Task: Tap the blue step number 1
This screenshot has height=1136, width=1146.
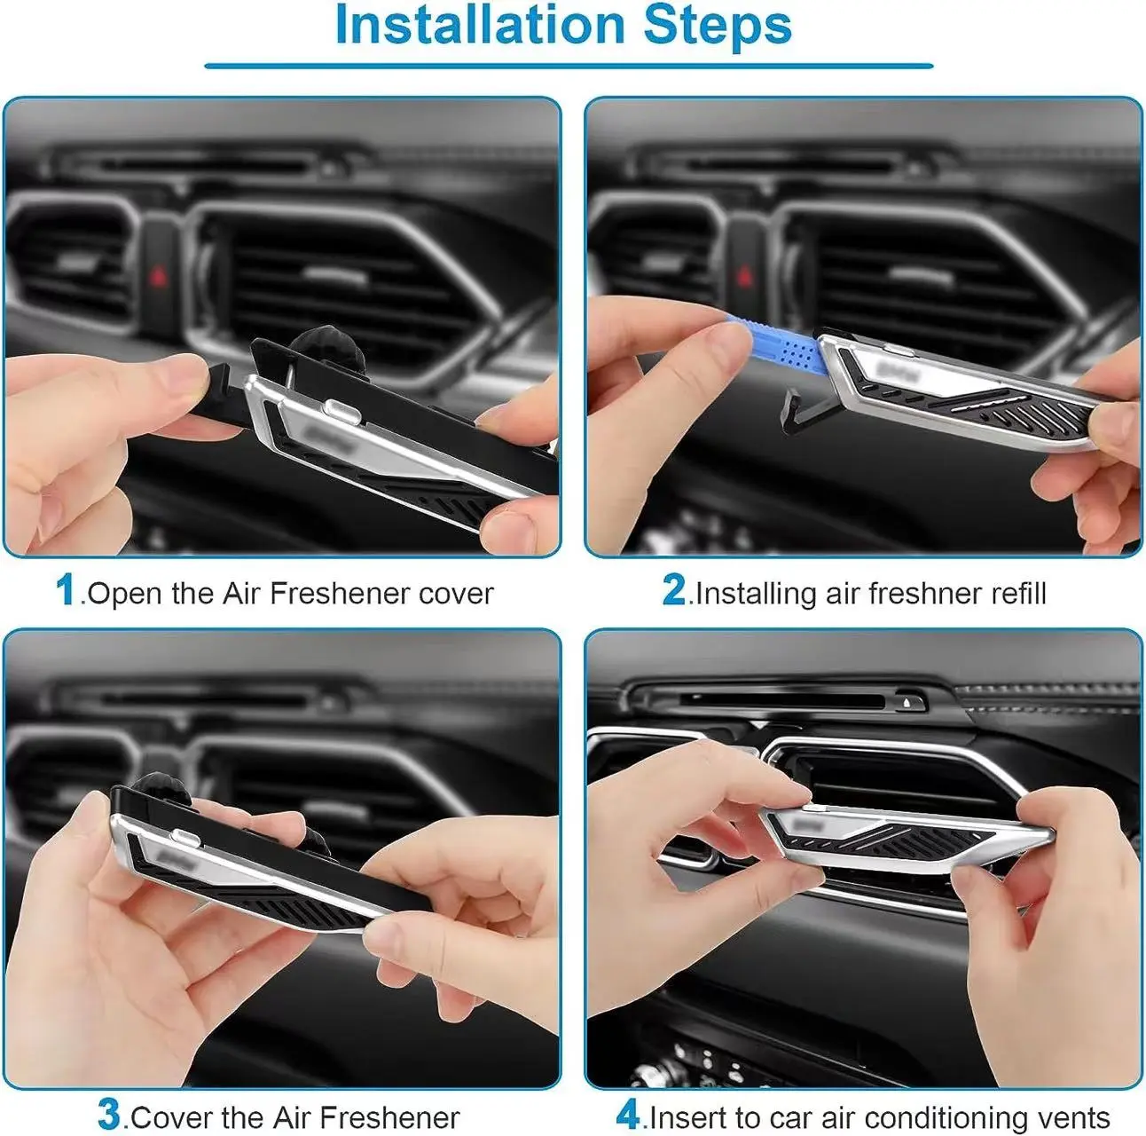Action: click(x=66, y=590)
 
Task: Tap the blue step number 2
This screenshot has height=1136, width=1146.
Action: click(x=673, y=590)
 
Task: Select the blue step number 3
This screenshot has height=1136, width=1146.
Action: click(x=109, y=1115)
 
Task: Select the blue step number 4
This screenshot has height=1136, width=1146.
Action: click(x=627, y=1115)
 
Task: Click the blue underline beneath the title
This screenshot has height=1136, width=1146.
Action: click(x=569, y=66)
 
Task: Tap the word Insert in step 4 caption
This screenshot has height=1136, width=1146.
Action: click(x=688, y=1116)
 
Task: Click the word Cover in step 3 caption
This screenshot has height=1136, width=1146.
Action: click(x=171, y=1116)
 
